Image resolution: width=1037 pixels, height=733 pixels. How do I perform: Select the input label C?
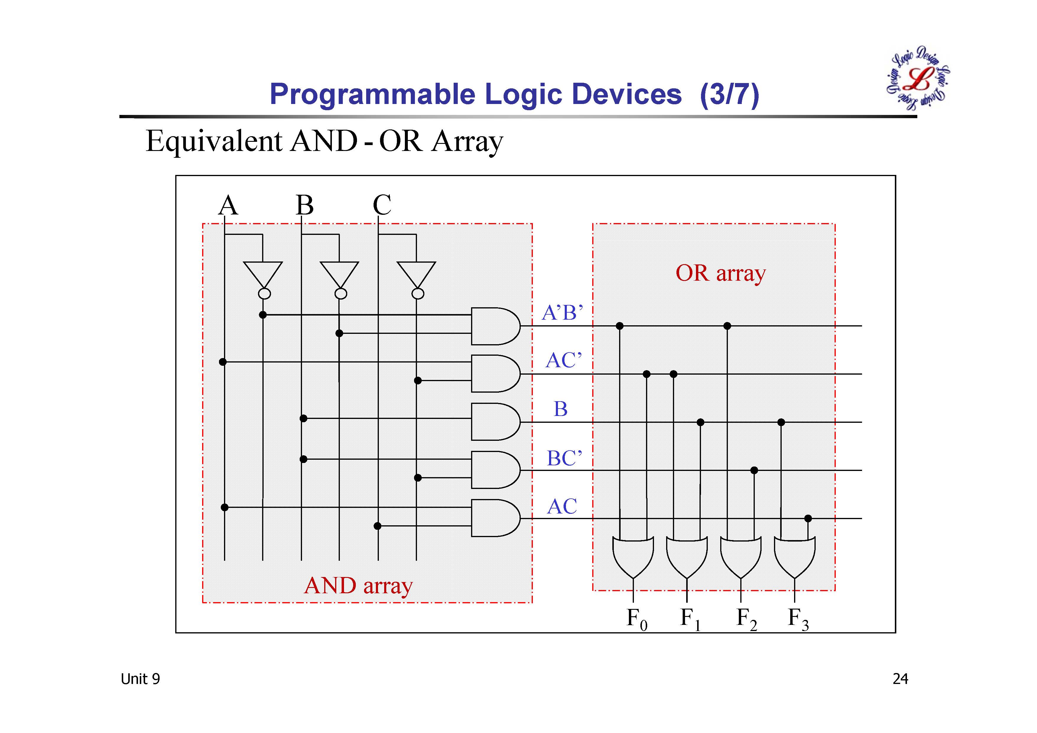point(382,206)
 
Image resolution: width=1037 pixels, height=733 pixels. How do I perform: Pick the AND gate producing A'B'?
point(494,326)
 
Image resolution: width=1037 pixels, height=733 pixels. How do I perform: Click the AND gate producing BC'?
point(494,470)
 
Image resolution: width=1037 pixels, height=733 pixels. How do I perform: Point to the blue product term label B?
point(561,409)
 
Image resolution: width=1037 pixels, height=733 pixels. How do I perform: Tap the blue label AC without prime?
point(562,506)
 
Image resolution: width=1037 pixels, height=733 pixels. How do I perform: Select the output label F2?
point(746,619)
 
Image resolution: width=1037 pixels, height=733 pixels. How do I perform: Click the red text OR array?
point(720,273)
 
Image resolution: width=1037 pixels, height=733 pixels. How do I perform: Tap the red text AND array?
point(358,586)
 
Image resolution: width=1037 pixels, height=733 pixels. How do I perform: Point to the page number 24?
point(900,679)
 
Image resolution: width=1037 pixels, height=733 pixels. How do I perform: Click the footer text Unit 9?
point(140,679)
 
